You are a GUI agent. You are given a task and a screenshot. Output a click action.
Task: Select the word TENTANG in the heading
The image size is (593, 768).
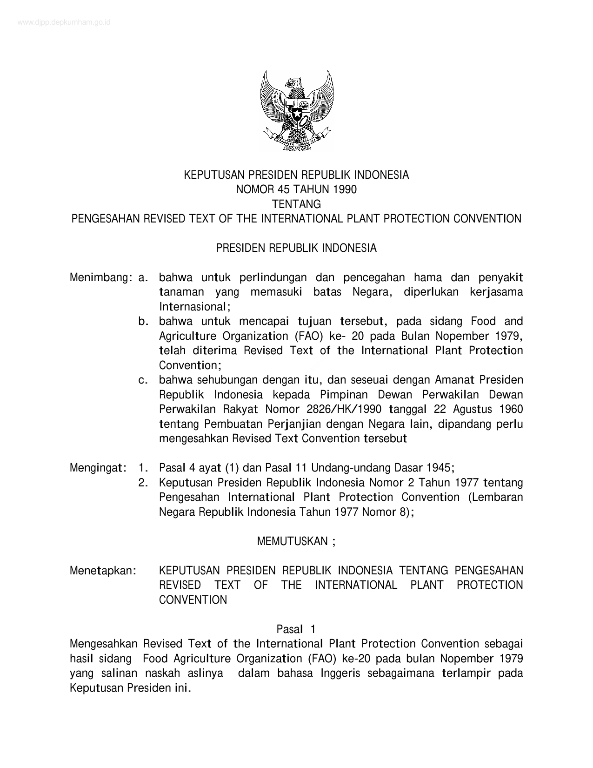296,204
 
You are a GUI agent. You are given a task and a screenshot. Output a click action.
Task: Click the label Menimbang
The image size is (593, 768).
99,278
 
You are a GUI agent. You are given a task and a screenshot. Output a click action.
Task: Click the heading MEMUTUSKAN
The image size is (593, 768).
293,541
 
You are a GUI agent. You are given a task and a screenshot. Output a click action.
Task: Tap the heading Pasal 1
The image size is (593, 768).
296,629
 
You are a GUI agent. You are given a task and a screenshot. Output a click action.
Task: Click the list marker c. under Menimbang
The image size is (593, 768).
143,380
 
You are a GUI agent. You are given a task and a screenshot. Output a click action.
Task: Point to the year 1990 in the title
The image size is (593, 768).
344,189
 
